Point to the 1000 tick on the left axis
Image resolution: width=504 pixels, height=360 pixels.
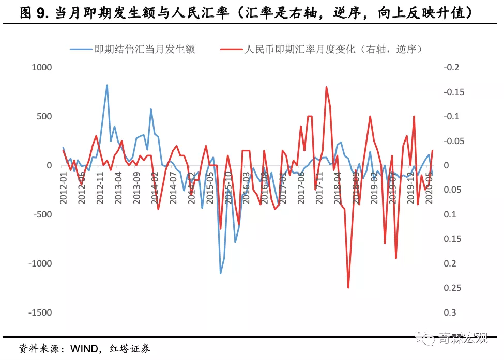click(42, 67)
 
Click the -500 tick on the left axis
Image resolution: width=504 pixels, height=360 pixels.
click(42, 214)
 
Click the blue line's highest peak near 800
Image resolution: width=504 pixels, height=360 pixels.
click(107, 85)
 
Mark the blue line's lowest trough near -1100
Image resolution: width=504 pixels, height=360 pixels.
click(220, 273)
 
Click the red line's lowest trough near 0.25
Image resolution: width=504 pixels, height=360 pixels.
click(348, 287)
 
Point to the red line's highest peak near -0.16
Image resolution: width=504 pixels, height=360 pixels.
click(326, 87)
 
